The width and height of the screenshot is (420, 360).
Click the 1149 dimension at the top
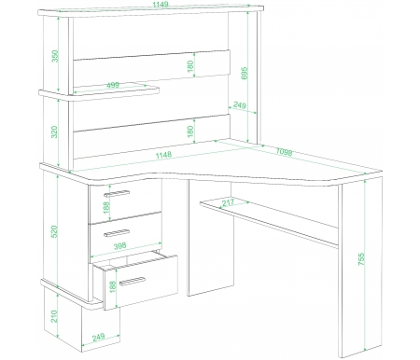tap(161, 4)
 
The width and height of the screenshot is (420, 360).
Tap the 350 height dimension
tap(55, 56)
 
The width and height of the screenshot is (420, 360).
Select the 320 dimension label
tap(54, 132)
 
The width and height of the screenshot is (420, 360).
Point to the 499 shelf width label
tap(113, 85)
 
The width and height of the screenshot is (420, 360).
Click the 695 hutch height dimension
tap(245, 73)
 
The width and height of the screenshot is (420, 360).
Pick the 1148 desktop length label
tap(163, 155)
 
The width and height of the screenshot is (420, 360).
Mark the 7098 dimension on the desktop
tap(284, 152)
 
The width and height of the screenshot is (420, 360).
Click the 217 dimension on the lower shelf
tap(228, 202)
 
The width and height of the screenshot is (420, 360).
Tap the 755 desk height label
tap(361, 259)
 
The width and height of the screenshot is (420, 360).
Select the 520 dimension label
tap(54, 231)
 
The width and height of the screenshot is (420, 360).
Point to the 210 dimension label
tap(54, 316)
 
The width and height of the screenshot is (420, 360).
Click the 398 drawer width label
tap(120, 246)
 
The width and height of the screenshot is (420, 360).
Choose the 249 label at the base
tap(99, 337)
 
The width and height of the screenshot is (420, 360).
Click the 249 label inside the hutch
tap(240, 105)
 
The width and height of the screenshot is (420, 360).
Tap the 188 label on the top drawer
tap(106, 207)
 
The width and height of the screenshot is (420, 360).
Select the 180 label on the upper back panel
tap(190, 66)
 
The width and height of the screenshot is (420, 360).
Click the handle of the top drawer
tap(117, 193)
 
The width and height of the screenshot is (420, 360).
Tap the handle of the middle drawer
tap(117, 233)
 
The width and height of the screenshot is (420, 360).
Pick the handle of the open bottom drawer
tap(133, 281)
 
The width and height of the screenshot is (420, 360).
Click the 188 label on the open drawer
tap(113, 286)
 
